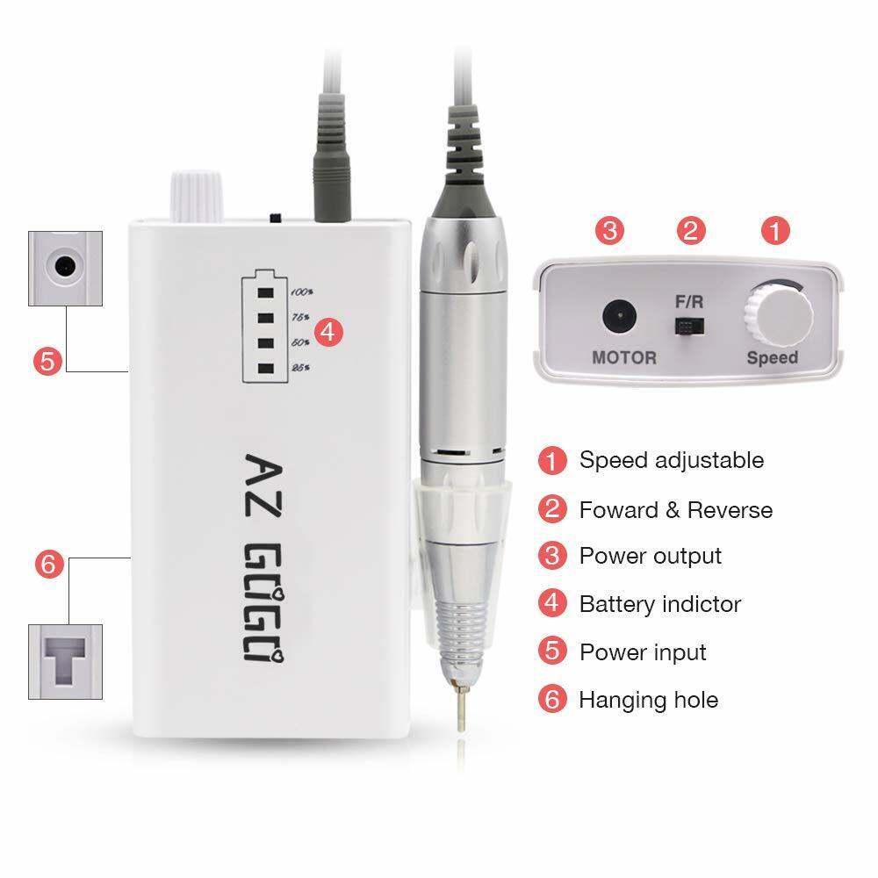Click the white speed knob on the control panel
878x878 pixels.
point(778,314)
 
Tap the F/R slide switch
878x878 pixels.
point(689,326)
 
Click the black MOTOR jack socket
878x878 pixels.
point(619,316)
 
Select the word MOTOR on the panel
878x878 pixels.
point(624,357)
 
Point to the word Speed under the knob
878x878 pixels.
point(772,357)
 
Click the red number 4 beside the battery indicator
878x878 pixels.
point(328,332)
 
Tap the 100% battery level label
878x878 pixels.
point(302,291)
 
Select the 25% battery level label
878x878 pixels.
point(300,367)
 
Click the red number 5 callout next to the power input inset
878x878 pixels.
point(47,361)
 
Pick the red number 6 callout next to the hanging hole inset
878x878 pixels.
point(49,564)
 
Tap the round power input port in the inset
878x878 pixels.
point(65,266)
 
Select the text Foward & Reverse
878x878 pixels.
point(676,510)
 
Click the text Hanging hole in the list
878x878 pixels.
point(649,700)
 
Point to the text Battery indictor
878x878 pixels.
point(660,604)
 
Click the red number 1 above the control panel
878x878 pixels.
point(775,231)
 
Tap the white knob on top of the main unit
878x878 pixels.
point(196,196)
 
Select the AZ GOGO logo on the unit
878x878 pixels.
point(263,558)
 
